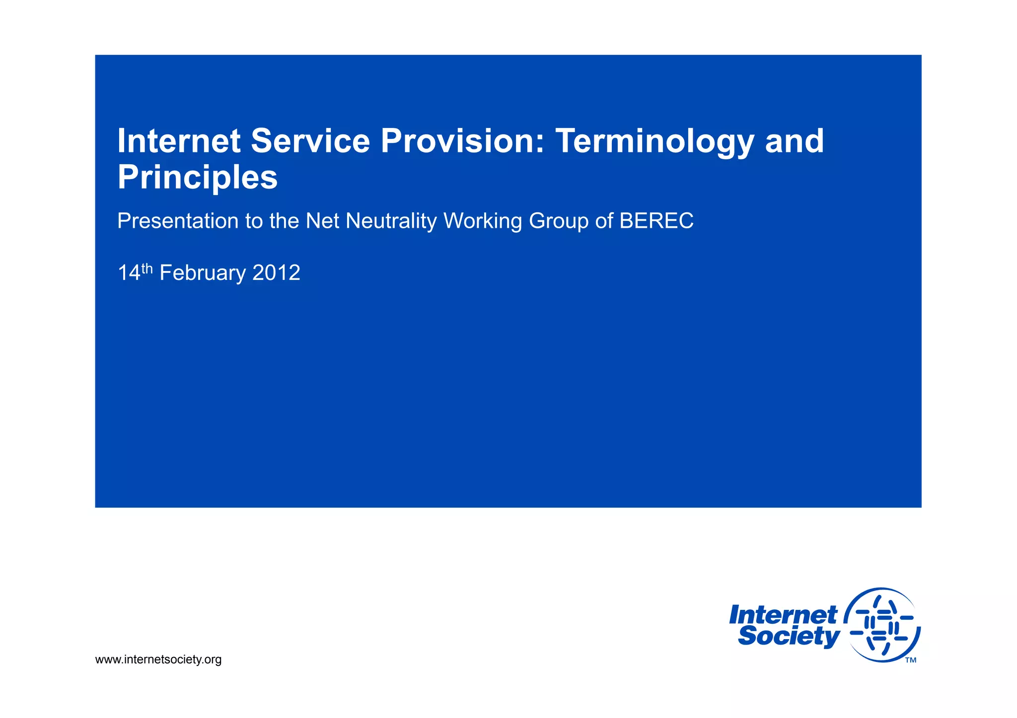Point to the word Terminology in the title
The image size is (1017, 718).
tap(654, 142)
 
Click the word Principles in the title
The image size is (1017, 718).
tap(197, 178)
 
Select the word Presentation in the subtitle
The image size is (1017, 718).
tap(177, 221)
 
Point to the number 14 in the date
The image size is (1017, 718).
tap(129, 273)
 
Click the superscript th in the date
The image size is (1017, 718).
tap(147, 268)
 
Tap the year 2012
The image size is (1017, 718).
tap(276, 273)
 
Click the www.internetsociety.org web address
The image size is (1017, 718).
tap(158, 659)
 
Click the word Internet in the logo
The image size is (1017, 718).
tap(783, 615)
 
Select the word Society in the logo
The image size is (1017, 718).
tap(789, 636)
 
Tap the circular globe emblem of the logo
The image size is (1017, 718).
tap(882, 625)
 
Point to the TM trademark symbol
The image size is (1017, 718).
tap(910, 660)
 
